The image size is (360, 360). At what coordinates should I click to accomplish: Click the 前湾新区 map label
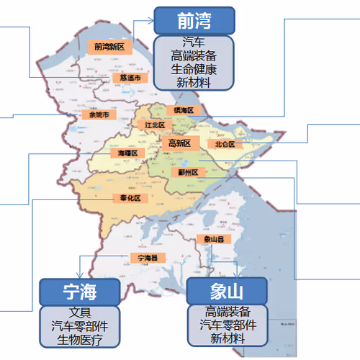pyautogui.click(x=109, y=47)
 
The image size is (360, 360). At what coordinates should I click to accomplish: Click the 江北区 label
pyautogui.click(x=155, y=125)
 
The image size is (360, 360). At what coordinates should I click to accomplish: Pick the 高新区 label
pyautogui.click(x=179, y=143)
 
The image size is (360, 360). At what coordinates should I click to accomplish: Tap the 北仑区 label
pyautogui.click(x=225, y=144)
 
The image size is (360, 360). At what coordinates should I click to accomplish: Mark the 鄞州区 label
pyautogui.click(x=193, y=171)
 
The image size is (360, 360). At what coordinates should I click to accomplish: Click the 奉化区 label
pyautogui.click(x=130, y=198)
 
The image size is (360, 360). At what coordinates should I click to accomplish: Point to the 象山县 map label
pyautogui.click(x=215, y=238)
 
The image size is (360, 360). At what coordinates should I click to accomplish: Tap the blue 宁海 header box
pyautogui.click(x=80, y=292)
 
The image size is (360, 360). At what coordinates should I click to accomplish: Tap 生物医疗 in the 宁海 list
pyautogui.click(x=80, y=338)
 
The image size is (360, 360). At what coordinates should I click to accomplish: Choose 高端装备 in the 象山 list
pyautogui.click(x=228, y=312)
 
